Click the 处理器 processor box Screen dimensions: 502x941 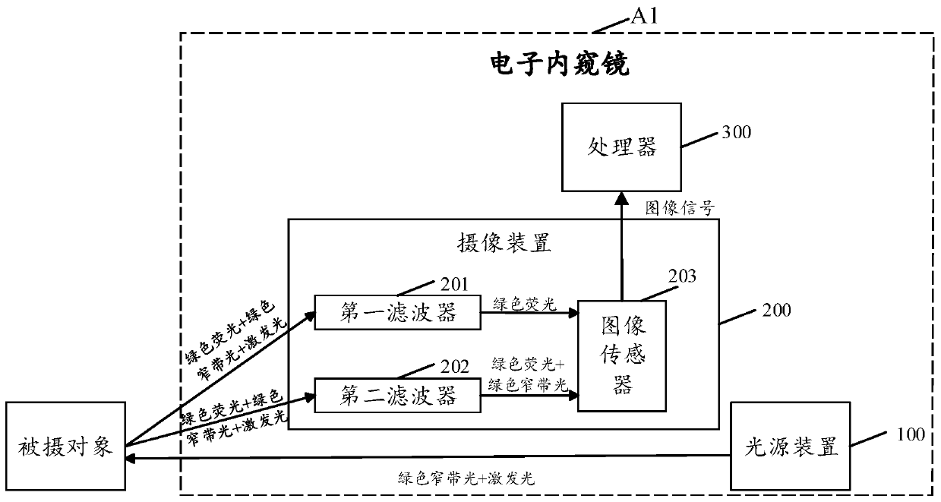point(621,147)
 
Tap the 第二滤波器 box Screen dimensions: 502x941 point(398,396)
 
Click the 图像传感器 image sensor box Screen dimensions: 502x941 point(621,355)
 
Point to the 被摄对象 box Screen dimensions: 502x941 point(65,447)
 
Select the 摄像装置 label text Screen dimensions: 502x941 point(503,245)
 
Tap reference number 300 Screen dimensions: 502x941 point(736,133)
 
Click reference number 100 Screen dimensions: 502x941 point(909,434)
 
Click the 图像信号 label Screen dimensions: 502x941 point(678,207)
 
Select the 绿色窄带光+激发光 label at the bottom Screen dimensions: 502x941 point(466,478)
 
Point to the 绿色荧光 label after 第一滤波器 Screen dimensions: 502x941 point(524,303)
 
